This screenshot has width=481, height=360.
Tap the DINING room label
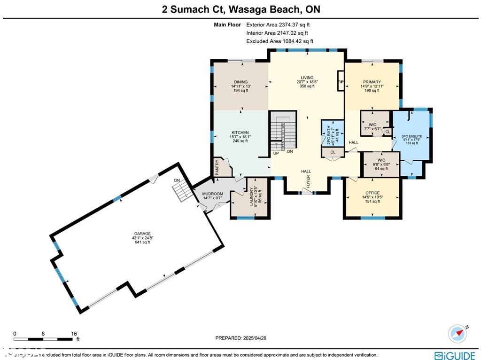(x=240, y=82)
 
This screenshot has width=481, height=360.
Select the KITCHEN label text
(x=240, y=133)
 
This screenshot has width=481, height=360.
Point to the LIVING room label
(x=307, y=78)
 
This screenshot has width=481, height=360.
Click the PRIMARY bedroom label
(x=372, y=82)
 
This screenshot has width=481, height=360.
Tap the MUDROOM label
(x=212, y=194)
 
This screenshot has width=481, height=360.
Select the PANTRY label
(x=217, y=168)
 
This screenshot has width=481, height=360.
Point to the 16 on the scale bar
(x=74, y=333)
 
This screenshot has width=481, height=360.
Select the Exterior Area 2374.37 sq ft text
(x=278, y=25)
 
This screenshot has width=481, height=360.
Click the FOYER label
(x=309, y=182)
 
